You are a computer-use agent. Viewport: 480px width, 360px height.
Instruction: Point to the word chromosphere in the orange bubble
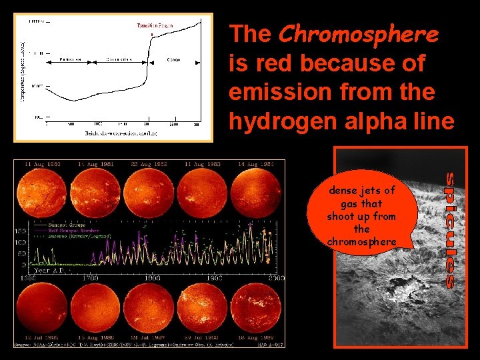[362, 241]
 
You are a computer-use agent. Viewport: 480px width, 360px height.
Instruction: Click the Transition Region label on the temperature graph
[155, 25]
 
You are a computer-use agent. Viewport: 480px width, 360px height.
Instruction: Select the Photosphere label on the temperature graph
[70, 59]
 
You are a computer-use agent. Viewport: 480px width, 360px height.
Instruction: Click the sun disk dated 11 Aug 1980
[44, 194]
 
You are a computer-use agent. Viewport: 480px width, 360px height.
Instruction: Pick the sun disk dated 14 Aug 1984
[258, 194]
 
